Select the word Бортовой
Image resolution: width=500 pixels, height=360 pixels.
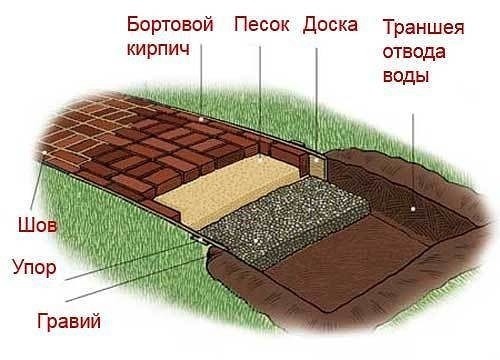[x=170, y=24]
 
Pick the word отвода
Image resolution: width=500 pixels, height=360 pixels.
[x=408, y=51]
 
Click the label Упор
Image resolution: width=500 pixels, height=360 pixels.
[x=34, y=268]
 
